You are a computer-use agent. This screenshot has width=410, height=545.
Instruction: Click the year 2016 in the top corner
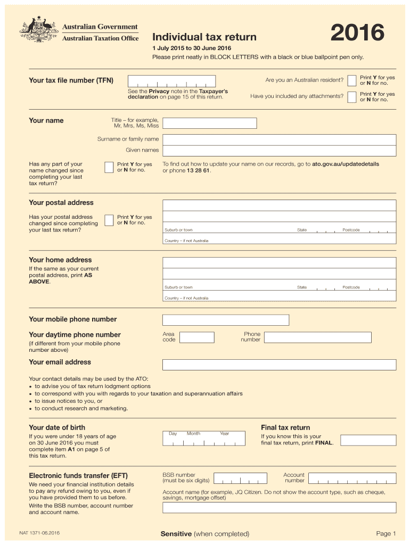(x=357, y=34)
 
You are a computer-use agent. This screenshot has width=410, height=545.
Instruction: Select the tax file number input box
(x=172, y=81)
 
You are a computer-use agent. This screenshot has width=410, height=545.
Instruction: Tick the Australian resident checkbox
(x=351, y=80)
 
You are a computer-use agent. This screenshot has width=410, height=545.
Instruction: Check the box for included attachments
(x=351, y=96)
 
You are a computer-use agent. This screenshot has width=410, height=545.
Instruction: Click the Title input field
(x=209, y=123)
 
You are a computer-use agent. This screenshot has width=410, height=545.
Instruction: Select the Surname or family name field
(x=279, y=139)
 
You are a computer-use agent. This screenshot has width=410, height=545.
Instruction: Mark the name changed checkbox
(x=109, y=167)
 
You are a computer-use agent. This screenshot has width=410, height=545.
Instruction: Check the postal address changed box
(x=109, y=220)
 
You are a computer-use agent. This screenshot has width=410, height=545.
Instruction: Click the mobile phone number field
(x=226, y=320)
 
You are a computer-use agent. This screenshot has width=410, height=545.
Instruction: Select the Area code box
(x=196, y=337)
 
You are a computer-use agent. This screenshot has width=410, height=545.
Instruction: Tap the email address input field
(x=279, y=365)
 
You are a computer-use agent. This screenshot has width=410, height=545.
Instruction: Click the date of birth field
(x=204, y=438)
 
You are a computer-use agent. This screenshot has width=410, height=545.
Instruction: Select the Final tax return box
(x=368, y=440)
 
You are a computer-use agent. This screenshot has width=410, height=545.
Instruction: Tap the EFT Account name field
(x=279, y=507)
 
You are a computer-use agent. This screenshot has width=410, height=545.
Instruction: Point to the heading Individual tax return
(x=204, y=37)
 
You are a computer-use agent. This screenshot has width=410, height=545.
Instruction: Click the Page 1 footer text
(x=386, y=534)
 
